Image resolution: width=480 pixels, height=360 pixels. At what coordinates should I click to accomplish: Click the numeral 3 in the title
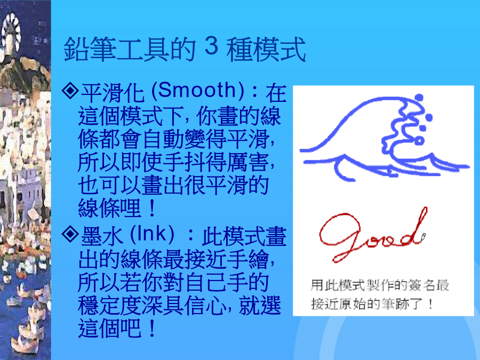click(211, 46)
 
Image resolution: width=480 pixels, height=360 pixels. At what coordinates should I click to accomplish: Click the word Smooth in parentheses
click(197, 91)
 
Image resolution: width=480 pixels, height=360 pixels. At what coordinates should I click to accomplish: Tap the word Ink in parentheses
click(152, 234)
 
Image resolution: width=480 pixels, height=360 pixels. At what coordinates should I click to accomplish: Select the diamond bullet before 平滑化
click(70, 90)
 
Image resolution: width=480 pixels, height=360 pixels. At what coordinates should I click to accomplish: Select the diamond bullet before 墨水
click(70, 234)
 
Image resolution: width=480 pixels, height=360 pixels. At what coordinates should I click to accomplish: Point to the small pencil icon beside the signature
click(423, 237)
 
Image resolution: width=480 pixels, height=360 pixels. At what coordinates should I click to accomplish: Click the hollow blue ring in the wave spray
click(419, 141)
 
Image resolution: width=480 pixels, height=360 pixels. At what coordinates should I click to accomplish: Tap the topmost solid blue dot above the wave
click(419, 98)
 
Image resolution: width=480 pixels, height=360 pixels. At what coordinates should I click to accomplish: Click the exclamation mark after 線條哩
click(151, 207)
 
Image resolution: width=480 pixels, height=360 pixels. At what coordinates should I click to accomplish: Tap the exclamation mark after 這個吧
click(151, 328)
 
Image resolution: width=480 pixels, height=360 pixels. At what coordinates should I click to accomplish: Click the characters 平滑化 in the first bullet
click(113, 92)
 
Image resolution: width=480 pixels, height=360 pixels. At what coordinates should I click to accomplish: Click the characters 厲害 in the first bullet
click(247, 162)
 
